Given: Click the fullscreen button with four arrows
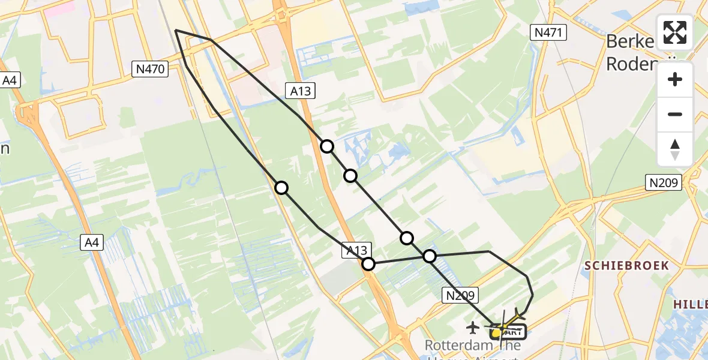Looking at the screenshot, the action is coord(675,32).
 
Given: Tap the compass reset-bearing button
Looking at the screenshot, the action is coord(675,149).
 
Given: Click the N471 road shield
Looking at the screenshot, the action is coord(548,32).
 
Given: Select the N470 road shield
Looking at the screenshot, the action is coord(149,69).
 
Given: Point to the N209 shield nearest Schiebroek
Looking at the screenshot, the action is coord(664,182).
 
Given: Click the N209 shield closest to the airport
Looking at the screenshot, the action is coord(461,295).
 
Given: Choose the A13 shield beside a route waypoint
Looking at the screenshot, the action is coord(358,250).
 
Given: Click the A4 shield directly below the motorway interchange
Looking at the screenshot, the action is coord(93,242).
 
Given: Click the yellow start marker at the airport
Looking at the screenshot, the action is coord(496,332).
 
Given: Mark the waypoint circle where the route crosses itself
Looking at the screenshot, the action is coord(430,256).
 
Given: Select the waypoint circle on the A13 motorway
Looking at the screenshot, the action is coord(368,263).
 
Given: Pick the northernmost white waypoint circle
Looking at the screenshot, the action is coord(327,146).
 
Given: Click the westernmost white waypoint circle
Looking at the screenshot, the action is coord(281,188).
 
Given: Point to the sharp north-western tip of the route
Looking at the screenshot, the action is coord(175,29).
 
